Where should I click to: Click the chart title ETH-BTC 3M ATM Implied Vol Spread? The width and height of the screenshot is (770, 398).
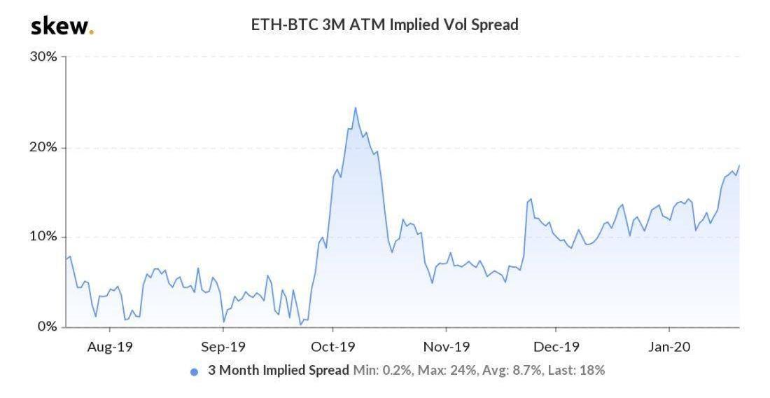384,25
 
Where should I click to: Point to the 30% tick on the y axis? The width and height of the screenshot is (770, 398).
43,57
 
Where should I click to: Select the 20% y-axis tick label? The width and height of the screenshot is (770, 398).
43,148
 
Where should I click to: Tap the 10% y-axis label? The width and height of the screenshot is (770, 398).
43,237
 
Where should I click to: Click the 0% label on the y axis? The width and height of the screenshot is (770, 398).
47,327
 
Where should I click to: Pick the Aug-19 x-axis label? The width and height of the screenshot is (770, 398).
109,346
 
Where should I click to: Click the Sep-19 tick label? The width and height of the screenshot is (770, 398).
223,346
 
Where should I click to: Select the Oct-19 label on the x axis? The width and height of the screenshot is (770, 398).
333,346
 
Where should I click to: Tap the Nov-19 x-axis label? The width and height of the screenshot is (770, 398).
447,346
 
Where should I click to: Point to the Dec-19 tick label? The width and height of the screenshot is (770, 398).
555,346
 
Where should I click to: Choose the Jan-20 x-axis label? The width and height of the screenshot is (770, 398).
669,346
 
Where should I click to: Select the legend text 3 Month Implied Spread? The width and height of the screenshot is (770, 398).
278,371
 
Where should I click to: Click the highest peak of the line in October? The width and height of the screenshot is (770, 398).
355,108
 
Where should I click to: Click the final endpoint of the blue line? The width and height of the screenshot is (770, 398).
739,165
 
